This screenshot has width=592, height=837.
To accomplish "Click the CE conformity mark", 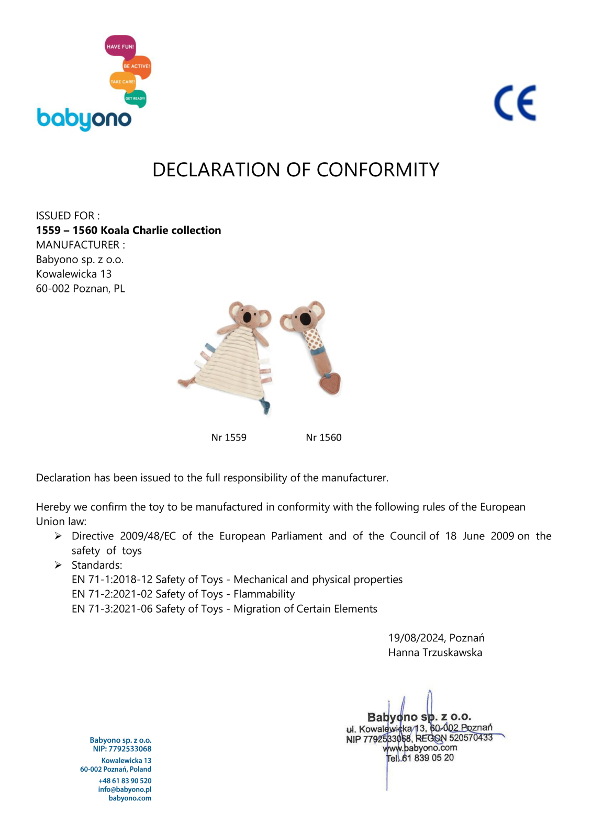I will [515, 103].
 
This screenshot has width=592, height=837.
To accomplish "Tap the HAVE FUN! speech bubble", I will [120, 47].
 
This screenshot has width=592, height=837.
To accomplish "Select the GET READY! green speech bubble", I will [135, 98].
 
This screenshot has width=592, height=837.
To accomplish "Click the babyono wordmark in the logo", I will [84, 119].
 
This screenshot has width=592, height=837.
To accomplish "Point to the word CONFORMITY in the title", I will [377, 170].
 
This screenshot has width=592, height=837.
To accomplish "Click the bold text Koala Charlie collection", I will [161, 230].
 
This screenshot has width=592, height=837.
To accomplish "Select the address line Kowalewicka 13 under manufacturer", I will [74, 274].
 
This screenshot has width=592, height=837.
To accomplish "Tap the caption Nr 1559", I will [229, 437].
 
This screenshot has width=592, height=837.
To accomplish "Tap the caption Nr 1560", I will [323, 437].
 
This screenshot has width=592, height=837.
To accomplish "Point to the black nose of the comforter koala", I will [247, 317].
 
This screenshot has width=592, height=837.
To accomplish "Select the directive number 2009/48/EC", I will [148, 536].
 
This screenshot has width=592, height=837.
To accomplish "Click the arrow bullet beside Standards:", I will [58, 565].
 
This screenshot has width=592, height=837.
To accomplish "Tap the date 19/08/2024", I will [416, 638].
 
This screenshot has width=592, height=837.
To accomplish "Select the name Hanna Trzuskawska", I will [435, 653].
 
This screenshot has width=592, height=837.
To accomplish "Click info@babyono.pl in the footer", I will [125, 789].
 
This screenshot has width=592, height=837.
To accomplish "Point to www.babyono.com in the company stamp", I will [420, 748].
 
